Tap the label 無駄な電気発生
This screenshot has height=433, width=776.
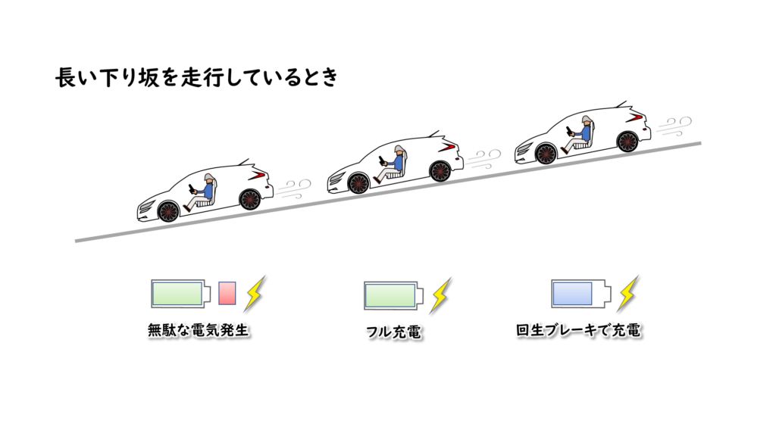(199, 331)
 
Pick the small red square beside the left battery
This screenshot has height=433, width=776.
(227, 293)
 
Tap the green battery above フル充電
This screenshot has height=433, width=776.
(391, 294)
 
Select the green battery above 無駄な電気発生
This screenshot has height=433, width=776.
(180, 293)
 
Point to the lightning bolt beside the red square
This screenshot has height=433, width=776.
(255, 293)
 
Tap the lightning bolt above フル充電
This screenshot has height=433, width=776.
(440, 294)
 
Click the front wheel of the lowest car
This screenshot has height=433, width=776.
(168, 211)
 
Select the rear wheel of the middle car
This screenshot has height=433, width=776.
(440, 171)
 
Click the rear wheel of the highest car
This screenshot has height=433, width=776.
(627, 141)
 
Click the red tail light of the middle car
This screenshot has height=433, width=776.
(451, 146)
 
